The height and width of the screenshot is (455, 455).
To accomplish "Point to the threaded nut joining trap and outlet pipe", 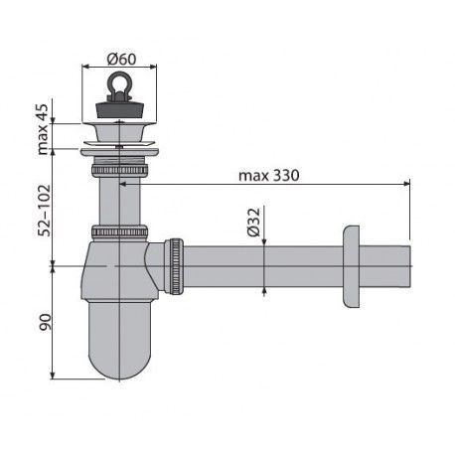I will [x=175, y=265].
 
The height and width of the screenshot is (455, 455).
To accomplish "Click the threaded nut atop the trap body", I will [x=120, y=233].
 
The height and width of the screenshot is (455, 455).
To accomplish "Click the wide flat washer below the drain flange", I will [x=120, y=152].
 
